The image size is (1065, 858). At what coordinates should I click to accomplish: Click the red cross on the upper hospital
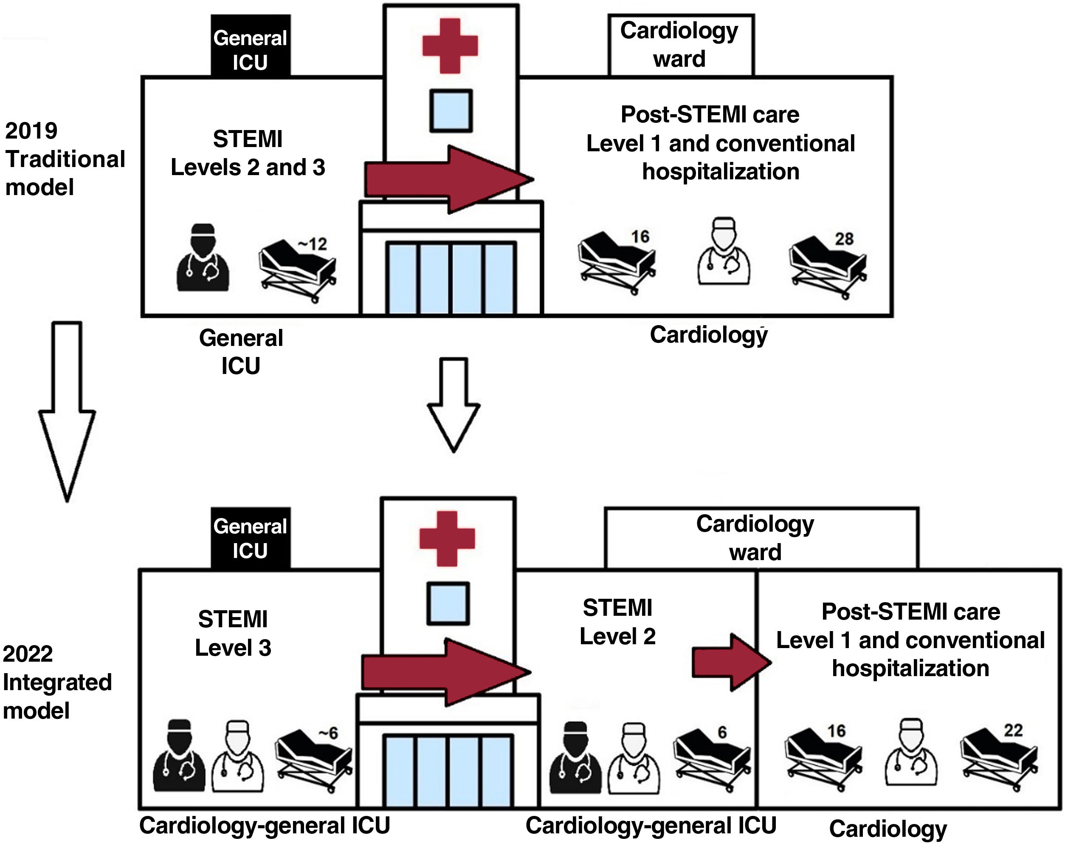pyautogui.click(x=450, y=46)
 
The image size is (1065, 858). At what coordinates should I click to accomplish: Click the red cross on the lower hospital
pyautogui.click(x=447, y=538)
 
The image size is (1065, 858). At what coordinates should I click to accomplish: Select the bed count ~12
pyautogui.click(x=313, y=244)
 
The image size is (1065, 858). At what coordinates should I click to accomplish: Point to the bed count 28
pyautogui.click(x=844, y=239)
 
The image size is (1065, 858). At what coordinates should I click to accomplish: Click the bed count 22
pyautogui.click(x=1013, y=731)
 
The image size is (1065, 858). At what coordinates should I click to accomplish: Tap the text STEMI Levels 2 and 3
pyautogui.click(x=248, y=153)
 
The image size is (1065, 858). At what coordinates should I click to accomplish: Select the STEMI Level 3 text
pyautogui.click(x=233, y=634)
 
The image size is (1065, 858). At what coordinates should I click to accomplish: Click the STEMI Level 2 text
pyautogui.click(x=617, y=622)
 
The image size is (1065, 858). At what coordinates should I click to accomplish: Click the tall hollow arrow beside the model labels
pyautogui.click(x=67, y=410)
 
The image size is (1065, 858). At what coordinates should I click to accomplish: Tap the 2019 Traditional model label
pyautogui.click(x=64, y=159)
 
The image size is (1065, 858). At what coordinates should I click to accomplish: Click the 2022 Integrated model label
pyautogui.click(x=57, y=682)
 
